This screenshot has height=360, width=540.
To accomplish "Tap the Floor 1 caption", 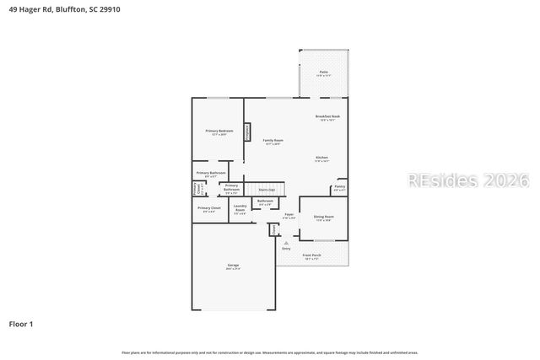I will click(x=21, y=324).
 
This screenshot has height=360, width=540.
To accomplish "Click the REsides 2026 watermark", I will click(x=468, y=180).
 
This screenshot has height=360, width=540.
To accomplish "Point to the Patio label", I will click(x=323, y=73).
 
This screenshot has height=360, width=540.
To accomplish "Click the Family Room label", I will click(x=273, y=141).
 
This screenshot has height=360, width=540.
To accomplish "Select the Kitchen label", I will click(x=321, y=159).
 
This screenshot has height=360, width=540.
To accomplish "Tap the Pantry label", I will click(x=339, y=187).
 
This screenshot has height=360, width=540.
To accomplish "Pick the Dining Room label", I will click(x=324, y=218).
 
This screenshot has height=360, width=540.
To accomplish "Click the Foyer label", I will click(x=289, y=215).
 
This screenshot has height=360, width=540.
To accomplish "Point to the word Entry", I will click(x=286, y=249).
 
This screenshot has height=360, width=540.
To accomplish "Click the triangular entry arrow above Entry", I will click(x=286, y=243).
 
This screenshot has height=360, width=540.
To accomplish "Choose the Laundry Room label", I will click(x=240, y=209).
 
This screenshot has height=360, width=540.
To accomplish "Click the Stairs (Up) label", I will click(x=267, y=191).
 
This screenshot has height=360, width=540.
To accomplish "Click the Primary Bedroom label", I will click(x=219, y=132).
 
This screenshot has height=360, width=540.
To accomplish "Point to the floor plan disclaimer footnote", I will click(x=270, y=352).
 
